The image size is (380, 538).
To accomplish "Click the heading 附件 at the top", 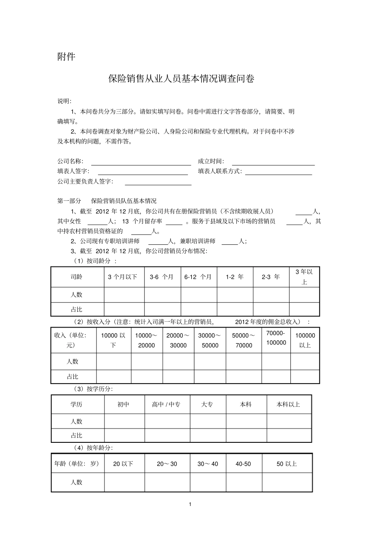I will pyautogui.click(x=66, y=57).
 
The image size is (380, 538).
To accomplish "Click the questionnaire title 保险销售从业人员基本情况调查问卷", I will pyautogui.click(x=181, y=79).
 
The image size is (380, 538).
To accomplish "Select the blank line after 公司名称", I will pyautogui.click(x=141, y=162).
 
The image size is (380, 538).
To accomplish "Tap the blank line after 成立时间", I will pyautogui.click(x=273, y=162).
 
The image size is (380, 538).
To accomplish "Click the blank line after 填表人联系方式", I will pyautogui.click(x=278, y=172).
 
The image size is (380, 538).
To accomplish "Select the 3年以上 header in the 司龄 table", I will pyautogui.click(x=304, y=277).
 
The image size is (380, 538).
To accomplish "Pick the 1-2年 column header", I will pyautogui.click(x=235, y=277).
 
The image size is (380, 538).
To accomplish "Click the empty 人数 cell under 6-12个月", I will pyautogui.click(x=199, y=295).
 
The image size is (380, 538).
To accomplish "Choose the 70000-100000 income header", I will pyautogui.click(x=276, y=338).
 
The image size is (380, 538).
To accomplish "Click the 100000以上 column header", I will pyautogui.click(x=305, y=340).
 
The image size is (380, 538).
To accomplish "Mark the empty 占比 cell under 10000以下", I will pyautogui.click(x=114, y=376).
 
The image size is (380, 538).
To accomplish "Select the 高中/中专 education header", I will pyautogui.click(x=167, y=404).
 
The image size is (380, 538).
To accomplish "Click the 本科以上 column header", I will pyautogui.click(x=288, y=404).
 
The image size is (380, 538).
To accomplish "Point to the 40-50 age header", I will pyautogui.click(x=243, y=464).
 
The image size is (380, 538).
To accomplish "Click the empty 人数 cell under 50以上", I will pyautogui.click(x=287, y=482).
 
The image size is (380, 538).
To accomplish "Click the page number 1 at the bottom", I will pyautogui.click(x=190, y=504).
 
